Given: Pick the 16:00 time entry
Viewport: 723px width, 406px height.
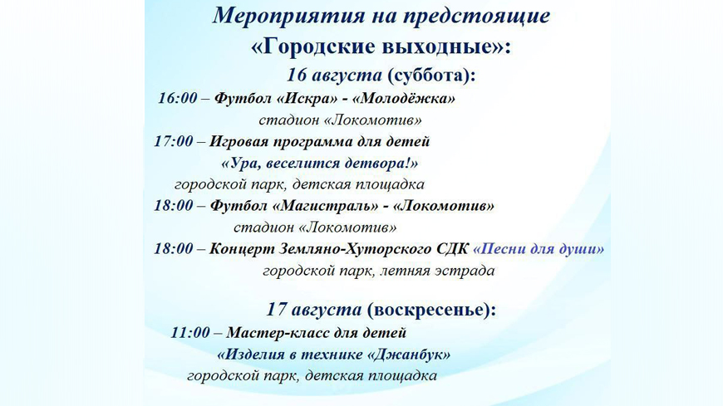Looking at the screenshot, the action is [178, 98].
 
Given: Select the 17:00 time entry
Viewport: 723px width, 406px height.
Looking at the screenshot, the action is [174, 141].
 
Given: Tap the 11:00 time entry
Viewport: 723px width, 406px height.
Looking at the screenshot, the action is [190, 332].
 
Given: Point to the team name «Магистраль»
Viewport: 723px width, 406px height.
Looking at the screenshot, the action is [326, 206].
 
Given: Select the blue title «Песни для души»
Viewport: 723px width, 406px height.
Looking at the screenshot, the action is [539, 249].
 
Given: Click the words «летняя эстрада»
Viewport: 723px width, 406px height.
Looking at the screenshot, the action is [437, 271].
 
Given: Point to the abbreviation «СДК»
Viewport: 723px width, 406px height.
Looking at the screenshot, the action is [452, 249].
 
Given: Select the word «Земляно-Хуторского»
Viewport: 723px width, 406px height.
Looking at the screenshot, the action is [355, 249].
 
